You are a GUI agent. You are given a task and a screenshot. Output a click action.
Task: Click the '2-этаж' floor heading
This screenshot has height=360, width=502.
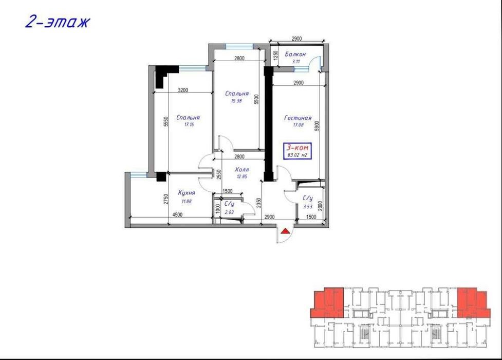[58, 23]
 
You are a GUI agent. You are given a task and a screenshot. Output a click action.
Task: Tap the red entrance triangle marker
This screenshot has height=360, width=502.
[285, 232]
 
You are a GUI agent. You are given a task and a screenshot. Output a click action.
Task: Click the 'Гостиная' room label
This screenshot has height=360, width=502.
[298, 118]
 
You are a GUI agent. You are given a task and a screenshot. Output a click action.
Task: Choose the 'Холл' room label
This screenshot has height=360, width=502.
[241, 169]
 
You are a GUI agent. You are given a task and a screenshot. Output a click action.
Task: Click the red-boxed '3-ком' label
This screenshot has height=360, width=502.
[298, 147]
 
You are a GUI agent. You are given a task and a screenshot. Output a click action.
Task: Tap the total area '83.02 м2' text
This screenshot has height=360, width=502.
[298, 155]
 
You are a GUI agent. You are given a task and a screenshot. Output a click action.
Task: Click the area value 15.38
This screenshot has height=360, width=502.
[236, 101]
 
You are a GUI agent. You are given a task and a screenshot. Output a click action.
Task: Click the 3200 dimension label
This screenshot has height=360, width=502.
[183, 91]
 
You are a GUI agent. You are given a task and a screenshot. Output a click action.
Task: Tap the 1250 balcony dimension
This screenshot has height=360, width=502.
[275, 55]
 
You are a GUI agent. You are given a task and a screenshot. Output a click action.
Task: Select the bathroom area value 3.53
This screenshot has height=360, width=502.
[308, 206]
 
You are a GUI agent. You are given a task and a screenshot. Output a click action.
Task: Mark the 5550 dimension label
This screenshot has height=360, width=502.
[165, 121]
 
